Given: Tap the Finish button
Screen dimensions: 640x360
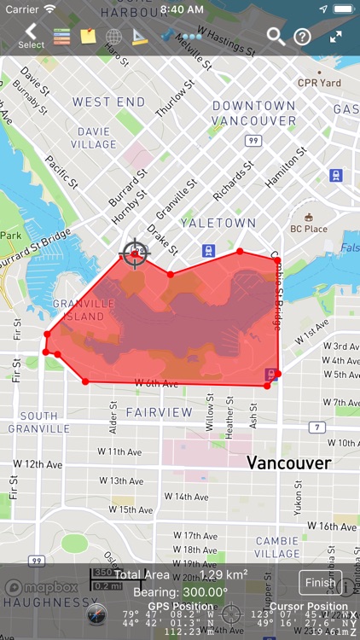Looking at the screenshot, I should pyautogui.click(x=320, y=583).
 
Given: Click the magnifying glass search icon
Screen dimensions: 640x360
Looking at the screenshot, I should pyautogui.click(x=276, y=36).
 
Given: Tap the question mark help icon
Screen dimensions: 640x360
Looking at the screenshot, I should pyautogui.click(x=302, y=37).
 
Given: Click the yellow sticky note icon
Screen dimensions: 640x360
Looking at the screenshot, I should pyautogui.click(x=88, y=37).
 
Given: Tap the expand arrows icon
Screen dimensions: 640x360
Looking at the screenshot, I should pyautogui.click(x=335, y=37).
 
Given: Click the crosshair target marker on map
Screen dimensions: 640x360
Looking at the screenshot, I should pyautogui.click(x=135, y=253).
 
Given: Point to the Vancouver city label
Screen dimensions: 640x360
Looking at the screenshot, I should pyautogui.click(x=289, y=463).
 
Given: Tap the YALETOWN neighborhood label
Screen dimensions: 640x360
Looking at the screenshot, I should pyautogui.click(x=218, y=223).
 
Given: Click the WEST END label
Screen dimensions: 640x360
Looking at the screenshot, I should pyautogui.click(x=109, y=102).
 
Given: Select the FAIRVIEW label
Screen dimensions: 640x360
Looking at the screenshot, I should pyautogui.click(x=160, y=411).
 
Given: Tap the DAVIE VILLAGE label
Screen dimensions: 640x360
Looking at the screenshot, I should pyautogui.click(x=95, y=138).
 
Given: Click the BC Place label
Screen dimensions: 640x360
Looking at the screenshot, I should pyautogui.click(x=309, y=229).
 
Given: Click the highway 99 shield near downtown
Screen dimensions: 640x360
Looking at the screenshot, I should pyautogui.click(x=253, y=140).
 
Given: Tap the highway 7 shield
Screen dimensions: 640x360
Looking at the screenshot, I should pyautogui.click(x=317, y=427).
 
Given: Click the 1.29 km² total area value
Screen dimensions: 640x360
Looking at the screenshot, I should pyautogui.click(x=224, y=574).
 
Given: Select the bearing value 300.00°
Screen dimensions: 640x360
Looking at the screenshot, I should pyautogui.click(x=204, y=591).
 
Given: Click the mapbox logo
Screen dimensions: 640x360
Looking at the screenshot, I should pyautogui.click(x=41, y=587).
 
